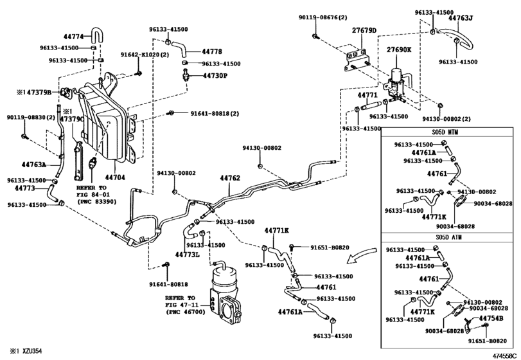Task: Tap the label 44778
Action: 212,51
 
